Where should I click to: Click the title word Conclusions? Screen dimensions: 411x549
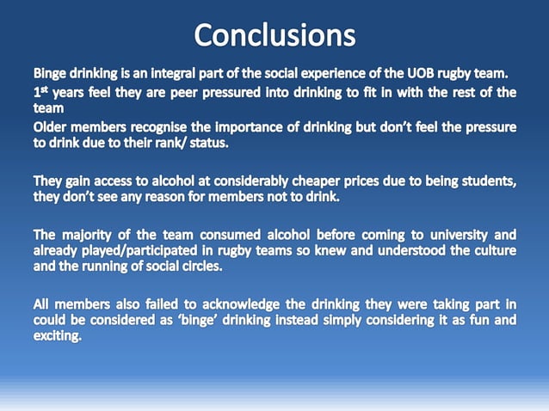click(274, 35)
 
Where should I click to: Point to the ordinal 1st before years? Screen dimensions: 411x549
click(40, 91)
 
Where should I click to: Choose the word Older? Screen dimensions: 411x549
click(53, 128)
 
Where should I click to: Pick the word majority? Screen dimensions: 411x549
click(91, 234)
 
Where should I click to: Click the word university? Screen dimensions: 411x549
click(460, 234)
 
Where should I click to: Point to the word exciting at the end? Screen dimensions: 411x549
click(58, 336)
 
